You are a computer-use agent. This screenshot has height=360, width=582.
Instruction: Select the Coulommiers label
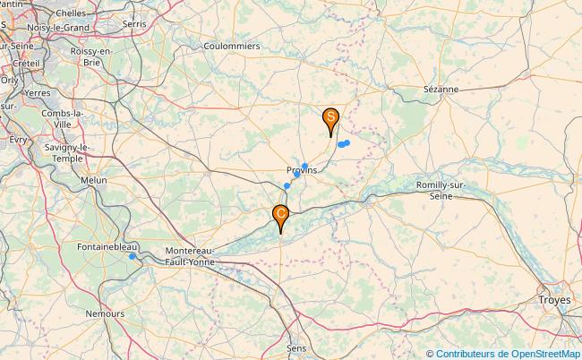[232, 46]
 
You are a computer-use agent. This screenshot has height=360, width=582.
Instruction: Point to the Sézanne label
[441, 90]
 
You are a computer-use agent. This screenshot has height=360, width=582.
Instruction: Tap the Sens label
[295, 347]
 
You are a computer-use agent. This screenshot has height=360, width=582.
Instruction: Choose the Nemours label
[106, 313]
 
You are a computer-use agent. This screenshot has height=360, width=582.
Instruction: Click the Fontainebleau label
[107, 246]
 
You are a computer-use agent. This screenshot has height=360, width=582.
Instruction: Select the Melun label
[94, 180]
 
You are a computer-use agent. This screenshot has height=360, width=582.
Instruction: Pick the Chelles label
[71, 13]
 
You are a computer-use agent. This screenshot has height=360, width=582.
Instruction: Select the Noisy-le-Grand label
[58, 28]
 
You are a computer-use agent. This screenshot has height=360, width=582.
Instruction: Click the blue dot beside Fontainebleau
[133, 256]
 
